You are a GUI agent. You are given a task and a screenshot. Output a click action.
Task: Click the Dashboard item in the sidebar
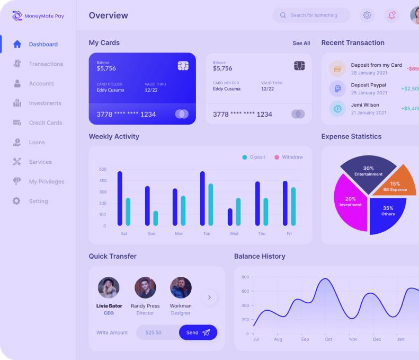[43, 45]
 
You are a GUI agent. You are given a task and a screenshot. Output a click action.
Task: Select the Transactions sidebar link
[46, 64]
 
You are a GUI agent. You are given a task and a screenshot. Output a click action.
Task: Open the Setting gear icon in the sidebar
[16, 201]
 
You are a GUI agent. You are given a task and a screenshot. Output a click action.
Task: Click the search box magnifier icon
[283, 15]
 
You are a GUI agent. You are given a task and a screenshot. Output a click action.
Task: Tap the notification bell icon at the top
[392, 15]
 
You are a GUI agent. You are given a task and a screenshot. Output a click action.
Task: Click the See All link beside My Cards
[301, 43]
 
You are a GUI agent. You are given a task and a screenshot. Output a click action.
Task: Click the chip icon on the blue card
[183, 66]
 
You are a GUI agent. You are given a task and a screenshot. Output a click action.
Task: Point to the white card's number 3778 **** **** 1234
[243, 115]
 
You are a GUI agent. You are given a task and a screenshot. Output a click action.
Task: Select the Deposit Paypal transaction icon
[337, 89]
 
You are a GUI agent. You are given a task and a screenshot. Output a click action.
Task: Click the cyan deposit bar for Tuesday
[211, 205]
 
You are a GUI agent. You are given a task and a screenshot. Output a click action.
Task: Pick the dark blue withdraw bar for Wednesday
[230, 217]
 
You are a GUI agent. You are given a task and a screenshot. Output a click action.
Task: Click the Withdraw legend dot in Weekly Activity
[277, 157]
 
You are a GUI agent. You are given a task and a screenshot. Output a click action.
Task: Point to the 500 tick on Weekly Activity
[103, 170]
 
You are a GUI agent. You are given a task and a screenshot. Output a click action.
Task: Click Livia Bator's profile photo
[109, 288]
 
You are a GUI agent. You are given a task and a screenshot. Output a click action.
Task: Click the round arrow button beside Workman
[209, 297]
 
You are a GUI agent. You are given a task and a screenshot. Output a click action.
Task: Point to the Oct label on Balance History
[328, 339]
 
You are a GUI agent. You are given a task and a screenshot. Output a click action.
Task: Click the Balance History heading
[260, 257]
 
